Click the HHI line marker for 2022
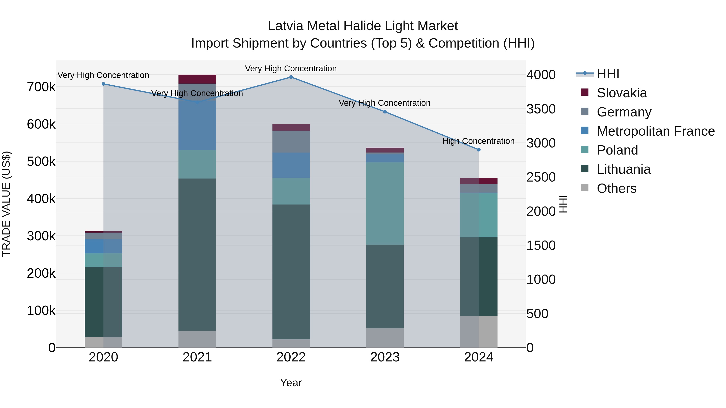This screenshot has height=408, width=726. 291,77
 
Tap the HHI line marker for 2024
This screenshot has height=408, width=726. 479,150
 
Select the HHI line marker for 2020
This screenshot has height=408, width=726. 103,84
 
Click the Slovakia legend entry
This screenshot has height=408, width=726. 622,93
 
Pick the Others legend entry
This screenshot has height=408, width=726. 616,188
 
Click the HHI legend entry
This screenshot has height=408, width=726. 608,74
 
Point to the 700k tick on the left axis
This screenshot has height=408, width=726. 41,87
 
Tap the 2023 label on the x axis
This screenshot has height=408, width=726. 385,357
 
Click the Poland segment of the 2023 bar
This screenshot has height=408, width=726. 385,203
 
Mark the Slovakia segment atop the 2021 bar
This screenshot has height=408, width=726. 197,79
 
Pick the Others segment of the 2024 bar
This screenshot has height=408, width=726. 479,331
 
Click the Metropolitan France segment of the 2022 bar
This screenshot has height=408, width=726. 291,165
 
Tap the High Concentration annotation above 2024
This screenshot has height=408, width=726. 478,141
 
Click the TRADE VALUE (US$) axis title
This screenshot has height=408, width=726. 6,204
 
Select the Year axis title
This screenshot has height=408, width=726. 291,383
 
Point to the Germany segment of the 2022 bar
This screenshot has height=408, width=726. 291,142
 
